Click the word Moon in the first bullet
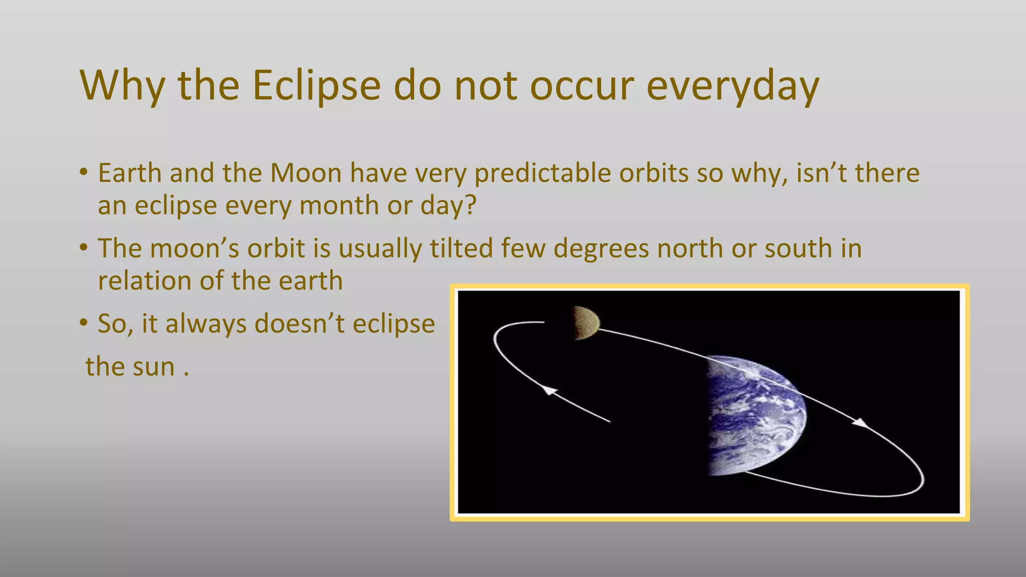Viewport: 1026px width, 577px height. [306, 173]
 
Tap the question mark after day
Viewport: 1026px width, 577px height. [470, 205]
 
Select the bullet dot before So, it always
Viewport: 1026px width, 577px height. [84, 323]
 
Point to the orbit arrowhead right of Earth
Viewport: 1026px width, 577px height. [861, 423]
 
